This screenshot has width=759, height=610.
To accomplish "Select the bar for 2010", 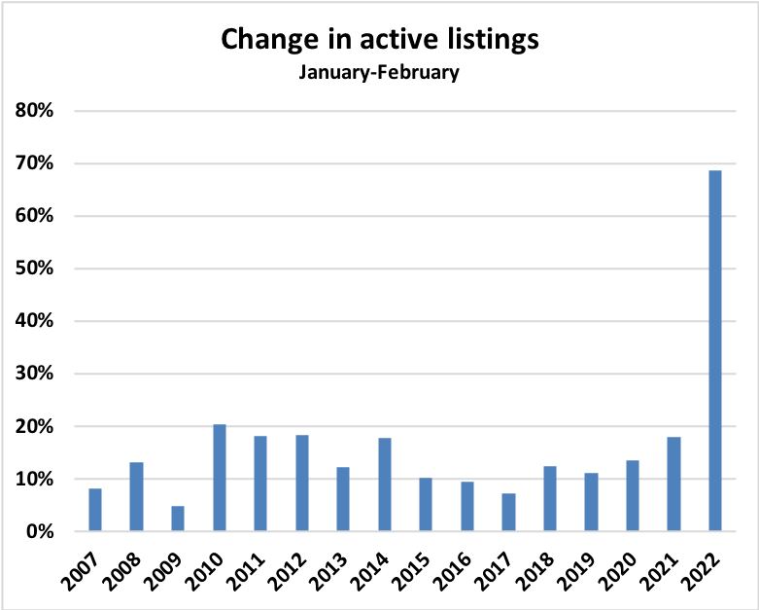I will [x=219, y=478].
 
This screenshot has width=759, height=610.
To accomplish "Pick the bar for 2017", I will [x=508, y=513].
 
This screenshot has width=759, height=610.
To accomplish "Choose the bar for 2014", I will [x=385, y=484].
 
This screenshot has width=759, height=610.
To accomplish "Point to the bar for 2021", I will [x=674, y=484].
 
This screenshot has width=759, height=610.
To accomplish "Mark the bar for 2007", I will [x=95, y=510].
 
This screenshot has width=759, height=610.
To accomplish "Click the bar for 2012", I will [x=302, y=484].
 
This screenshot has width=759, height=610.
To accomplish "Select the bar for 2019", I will [x=591, y=502].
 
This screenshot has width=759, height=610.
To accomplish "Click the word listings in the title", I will [x=485, y=40].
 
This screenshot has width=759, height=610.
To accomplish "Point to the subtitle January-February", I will [x=379, y=72].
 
